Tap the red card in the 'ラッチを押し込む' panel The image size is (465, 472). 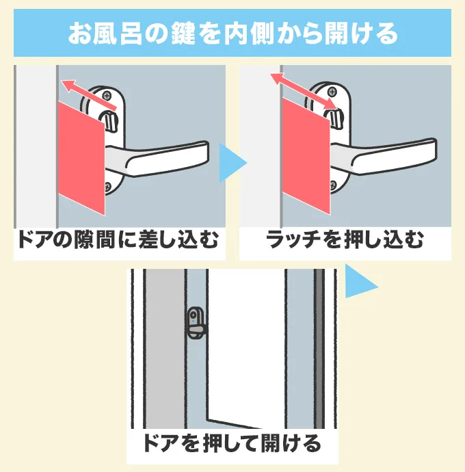[304, 155]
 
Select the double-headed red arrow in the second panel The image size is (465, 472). [304, 90]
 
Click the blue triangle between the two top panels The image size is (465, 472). [231, 162]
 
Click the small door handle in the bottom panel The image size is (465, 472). [196, 322]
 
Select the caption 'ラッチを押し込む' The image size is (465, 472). [345, 241]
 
